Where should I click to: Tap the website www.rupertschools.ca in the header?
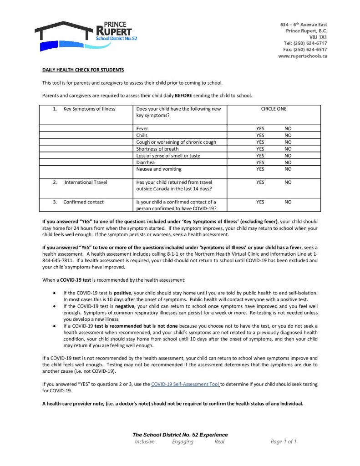point(302,56)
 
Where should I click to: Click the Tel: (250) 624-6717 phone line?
point(305,43)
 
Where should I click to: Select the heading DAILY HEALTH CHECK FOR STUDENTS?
point(83,70)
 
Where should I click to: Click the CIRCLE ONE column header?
point(274,109)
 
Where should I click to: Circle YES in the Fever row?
point(260,129)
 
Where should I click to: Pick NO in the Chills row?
point(288,135)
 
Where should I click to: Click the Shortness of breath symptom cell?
point(157,149)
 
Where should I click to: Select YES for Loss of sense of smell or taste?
point(260,156)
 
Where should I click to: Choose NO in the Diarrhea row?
point(288,162)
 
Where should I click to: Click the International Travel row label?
point(86,182)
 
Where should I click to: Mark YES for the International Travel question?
point(260,182)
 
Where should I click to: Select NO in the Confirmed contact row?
point(288,202)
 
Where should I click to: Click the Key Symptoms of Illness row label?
point(89,109)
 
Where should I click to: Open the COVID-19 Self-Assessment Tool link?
point(185,385)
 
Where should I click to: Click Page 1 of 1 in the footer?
point(284,441)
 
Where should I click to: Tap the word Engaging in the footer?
point(183,441)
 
